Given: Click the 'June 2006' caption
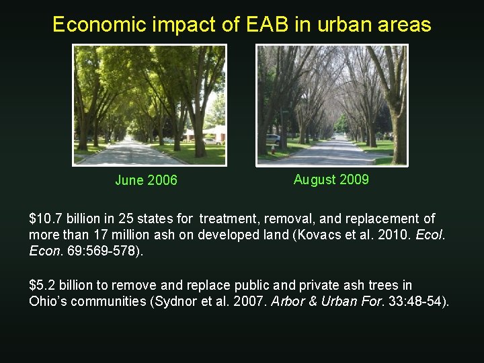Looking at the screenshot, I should click(146, 180).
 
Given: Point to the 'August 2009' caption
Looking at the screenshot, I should click(331, 179).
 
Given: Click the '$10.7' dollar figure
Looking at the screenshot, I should click(45, 219).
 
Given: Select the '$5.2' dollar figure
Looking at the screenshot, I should click(42, 286).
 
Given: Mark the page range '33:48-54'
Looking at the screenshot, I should click(413, 301).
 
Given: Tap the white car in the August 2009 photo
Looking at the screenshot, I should click(273, 139).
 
